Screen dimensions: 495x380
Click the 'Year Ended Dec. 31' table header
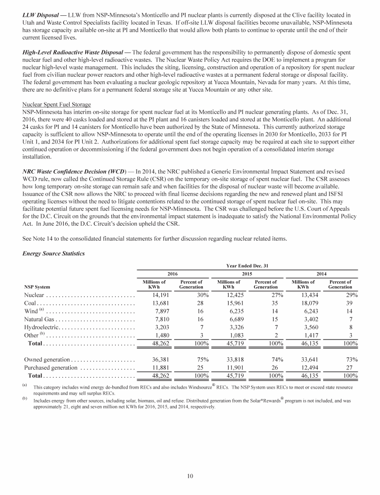[247, 266]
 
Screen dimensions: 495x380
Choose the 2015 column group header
[247, 273]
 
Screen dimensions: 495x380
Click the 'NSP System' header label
[37, 286]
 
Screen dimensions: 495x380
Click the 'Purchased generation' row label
[50, 367]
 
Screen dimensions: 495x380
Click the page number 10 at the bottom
[190, 476]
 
